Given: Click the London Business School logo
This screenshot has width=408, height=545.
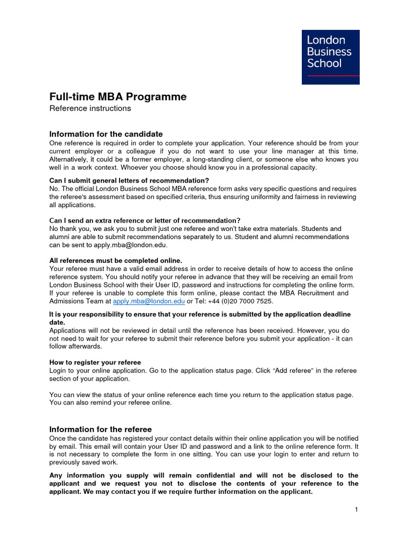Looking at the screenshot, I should point(330,56).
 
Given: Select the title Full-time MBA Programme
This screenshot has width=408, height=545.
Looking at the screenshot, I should point(118,97).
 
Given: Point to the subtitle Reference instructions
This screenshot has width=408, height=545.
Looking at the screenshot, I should point(90,109).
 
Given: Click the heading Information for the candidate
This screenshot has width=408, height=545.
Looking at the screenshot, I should point(106,134).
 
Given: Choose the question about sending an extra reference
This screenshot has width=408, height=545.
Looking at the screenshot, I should point(144,220).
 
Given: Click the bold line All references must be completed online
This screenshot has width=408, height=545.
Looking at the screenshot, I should point(115,260).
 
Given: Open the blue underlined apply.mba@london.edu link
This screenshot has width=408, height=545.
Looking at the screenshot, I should point(149,301).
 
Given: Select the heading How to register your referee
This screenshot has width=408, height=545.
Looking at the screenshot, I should point(95,362).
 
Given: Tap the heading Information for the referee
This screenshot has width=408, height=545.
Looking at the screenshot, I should point(100,430).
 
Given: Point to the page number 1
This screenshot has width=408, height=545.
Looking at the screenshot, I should point(356,510).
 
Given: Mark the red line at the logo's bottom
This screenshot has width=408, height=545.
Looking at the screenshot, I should point(330,76).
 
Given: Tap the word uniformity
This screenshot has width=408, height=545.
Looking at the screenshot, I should point(241,197).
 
